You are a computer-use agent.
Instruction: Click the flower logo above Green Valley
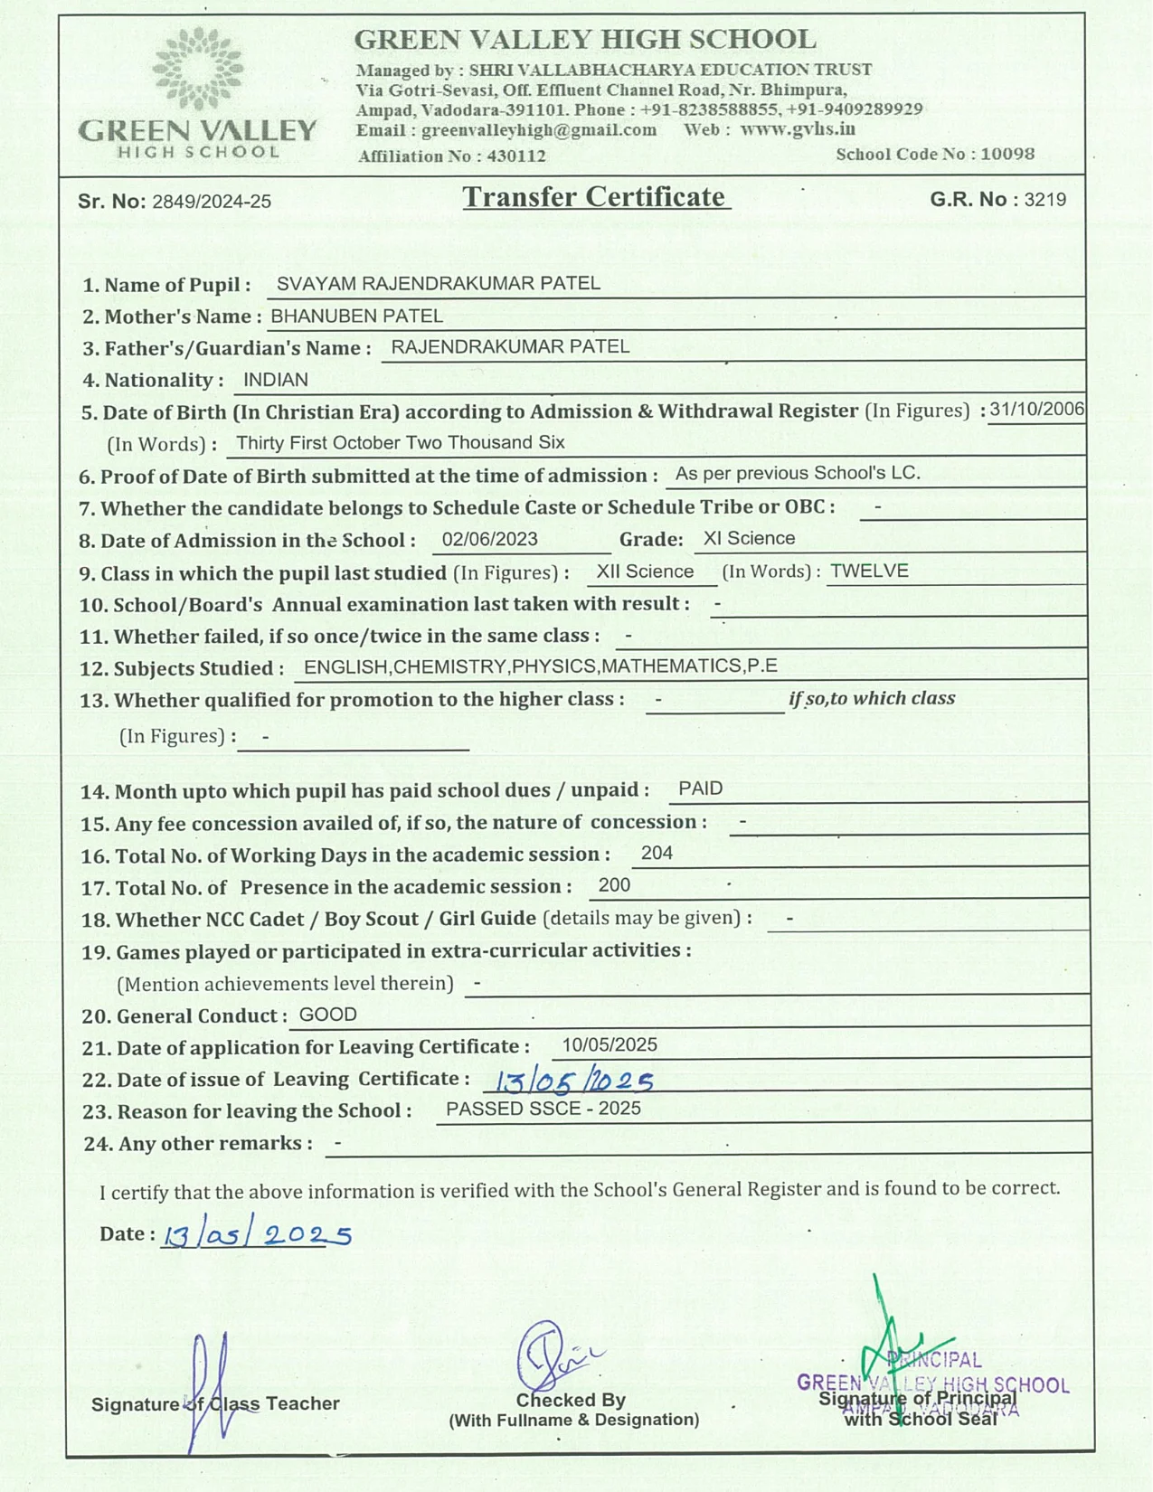[x=198, y=69]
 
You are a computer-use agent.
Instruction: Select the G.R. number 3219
[x=1044, y=200]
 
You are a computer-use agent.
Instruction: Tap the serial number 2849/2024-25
[x=212, y=202]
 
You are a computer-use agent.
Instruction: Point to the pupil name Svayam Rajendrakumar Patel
[x=438, y=284]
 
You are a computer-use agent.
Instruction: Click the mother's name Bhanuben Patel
[x=356, y=316]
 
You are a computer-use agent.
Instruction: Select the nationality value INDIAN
[x=276, y=381]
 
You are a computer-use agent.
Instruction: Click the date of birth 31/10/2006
[x=1036, y=410]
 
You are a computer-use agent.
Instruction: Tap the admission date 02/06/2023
[x=489, y=540]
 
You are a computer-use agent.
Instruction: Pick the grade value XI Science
[x=749, y=539]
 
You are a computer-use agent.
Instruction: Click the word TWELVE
[x=869, y=571]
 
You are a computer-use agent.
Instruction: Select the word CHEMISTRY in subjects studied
[x=450, y=667]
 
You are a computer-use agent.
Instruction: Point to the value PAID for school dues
[x=700, y=788]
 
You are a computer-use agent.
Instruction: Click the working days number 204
[x=657, y=854]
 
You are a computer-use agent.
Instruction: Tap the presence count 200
[x=614, y=886]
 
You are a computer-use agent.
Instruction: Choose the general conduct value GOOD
[x=327, y=1015]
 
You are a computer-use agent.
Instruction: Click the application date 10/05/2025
[x=610, y=1045]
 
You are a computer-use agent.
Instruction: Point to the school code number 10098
[x=1007, y=154]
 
